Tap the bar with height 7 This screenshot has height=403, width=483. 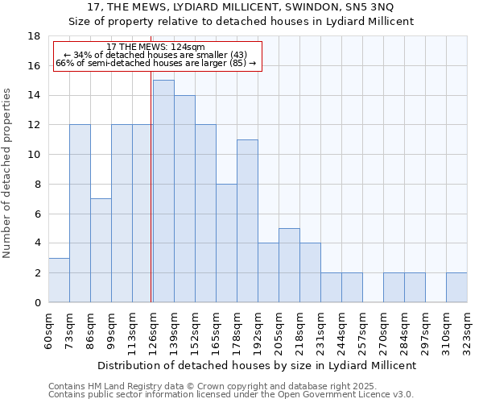click(x=101, y=250)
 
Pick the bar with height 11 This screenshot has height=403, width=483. click(x=247, y=221)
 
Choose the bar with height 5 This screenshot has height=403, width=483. click(x=289, y=265)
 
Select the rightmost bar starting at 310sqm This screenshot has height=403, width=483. click(x=456, y=287)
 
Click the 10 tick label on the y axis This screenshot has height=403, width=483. click(x=35, y=155)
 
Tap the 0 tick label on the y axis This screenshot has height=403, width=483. click(x=37, y=302)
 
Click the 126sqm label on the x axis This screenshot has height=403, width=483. click(x=153, y=330)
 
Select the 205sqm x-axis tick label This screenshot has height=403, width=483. click(x=279, y=330)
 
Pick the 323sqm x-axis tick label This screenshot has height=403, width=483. click(x=467, y=330)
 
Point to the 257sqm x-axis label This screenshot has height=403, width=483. click(x=362, y=330)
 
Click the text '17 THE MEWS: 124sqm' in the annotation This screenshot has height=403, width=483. click(x=156, y=47)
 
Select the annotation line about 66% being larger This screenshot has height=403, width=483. click(x=156, y=63)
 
